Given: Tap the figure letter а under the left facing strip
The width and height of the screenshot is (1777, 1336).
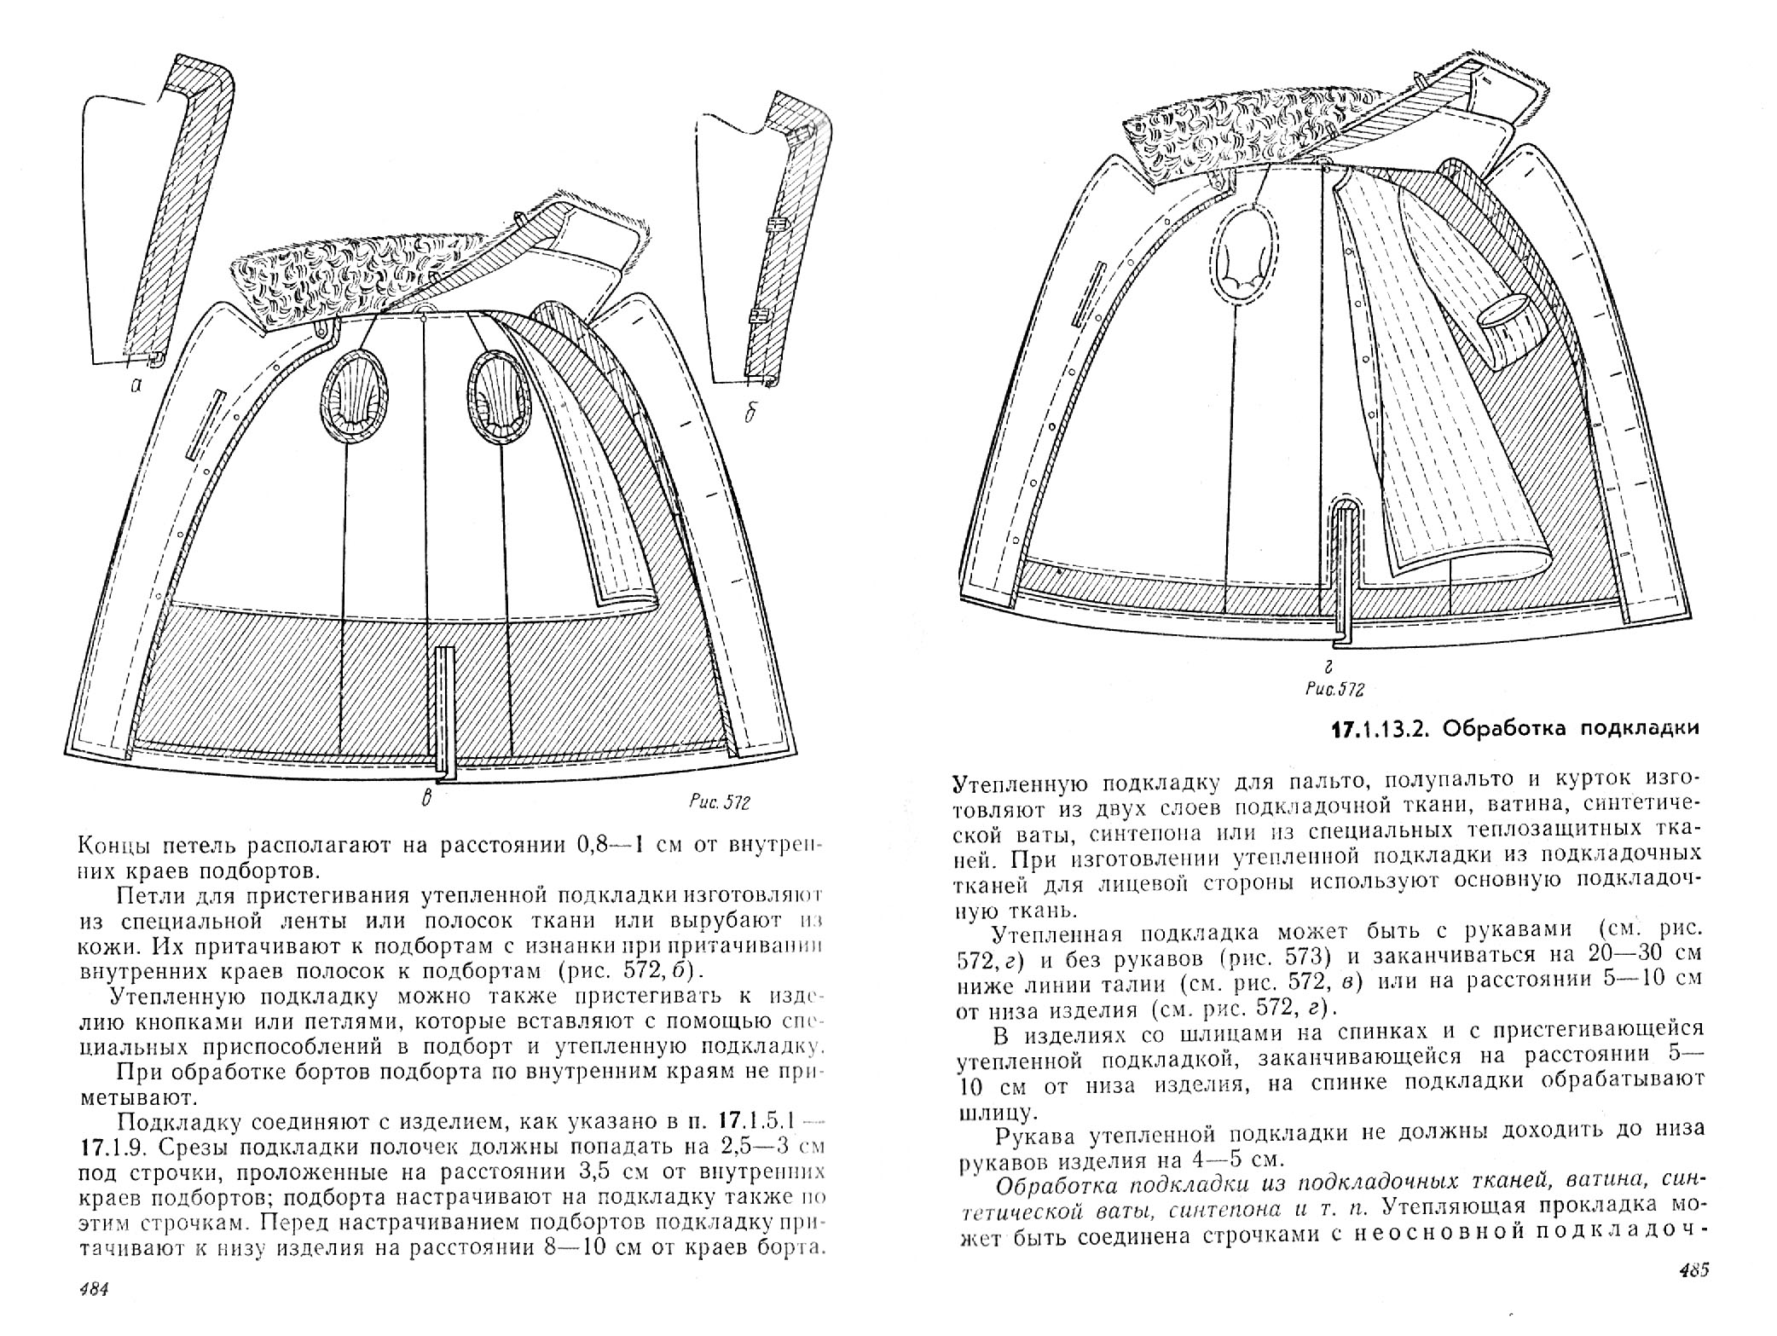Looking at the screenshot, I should tap(136, 386).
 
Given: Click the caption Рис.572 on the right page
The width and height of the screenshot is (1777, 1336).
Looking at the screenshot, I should tap(1333, 689).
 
